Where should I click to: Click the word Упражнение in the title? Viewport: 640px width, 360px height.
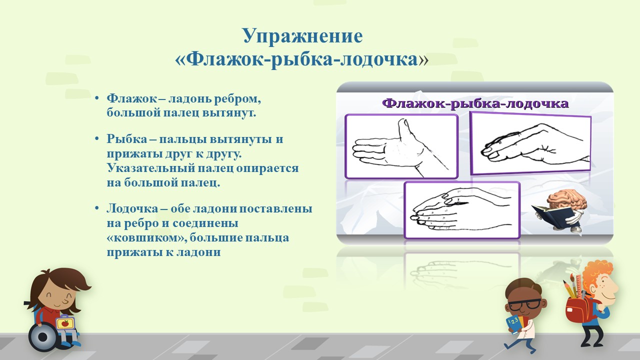pos(303,36)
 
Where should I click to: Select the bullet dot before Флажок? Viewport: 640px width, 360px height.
pos(97,98)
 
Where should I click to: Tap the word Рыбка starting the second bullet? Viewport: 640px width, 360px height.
pos(127,139)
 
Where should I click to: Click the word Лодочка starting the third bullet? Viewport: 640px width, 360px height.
pos(132,208)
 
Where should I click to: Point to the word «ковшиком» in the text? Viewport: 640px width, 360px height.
pos(147,238)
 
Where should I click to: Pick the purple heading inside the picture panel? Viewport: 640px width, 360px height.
pos(475,103)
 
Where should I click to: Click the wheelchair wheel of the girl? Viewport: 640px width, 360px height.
pos(43,337)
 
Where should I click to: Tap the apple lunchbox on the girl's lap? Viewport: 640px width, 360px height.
pos(65,323)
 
